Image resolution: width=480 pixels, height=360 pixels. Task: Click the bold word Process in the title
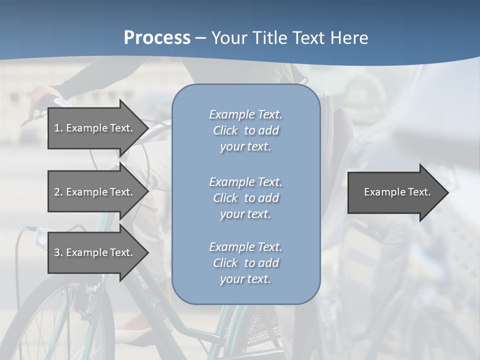(x=157, y=37)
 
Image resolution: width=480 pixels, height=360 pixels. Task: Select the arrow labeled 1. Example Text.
(x=93, y=128)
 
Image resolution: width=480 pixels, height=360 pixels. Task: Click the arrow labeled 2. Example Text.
(x=93, y=192)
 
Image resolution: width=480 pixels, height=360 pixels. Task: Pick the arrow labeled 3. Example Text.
(x=93, y=252)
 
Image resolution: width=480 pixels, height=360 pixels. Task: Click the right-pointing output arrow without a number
(x=397, y=192)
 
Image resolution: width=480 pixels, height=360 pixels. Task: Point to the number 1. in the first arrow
(x=58, y=128)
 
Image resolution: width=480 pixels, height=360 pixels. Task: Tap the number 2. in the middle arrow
(x=58, y=192)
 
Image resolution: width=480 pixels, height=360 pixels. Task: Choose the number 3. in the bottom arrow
(x=58, y=252)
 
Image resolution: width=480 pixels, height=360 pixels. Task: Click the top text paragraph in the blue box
(x=246, y=130)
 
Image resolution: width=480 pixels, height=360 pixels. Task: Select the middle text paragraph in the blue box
(x=246, y=197)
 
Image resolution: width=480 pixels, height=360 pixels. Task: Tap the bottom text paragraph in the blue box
(x=246, y=262)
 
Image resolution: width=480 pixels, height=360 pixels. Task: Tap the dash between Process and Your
(x=200, y=38)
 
